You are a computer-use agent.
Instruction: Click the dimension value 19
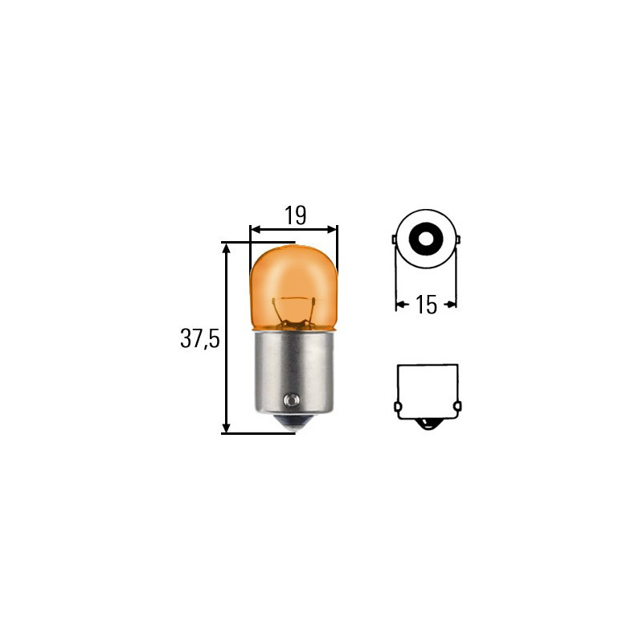coord(294,215)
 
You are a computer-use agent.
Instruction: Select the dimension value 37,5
coord(199,338)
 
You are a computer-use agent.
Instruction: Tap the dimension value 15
coord(426,304)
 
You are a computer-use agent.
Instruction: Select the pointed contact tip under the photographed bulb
coord(294,425)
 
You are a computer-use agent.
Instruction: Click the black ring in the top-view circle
coord(425,239)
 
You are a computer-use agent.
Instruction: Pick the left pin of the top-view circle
coord(394,240)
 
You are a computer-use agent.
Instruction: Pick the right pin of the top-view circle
coord(457,240)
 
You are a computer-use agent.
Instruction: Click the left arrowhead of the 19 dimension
coord(256,229)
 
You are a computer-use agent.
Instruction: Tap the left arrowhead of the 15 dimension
coord(400,304)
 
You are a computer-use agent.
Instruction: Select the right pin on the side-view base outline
coord(457,407)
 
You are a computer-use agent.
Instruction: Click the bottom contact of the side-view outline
coord(427,424)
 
